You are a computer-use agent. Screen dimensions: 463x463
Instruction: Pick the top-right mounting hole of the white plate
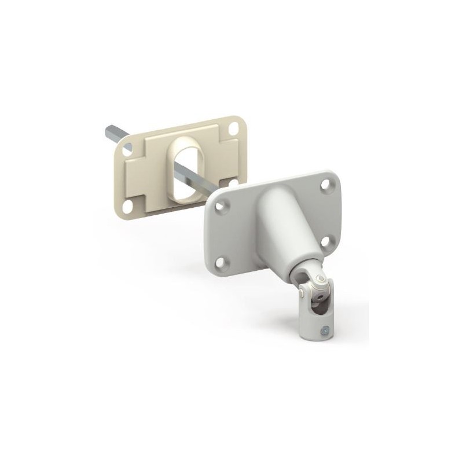(x=330, y=186)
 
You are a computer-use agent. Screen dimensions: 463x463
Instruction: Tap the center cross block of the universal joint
(x=315, y=289)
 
